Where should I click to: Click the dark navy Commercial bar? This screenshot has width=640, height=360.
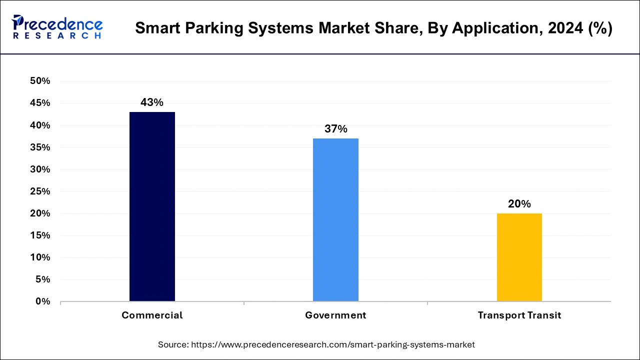tap(152, 206)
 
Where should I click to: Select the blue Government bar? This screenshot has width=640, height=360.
tap(335, 220)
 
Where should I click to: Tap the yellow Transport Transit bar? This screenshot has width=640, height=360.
tap(519, 257)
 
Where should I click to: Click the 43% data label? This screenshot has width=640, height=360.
tap(152, 102)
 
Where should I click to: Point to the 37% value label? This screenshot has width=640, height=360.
tap(335, 129)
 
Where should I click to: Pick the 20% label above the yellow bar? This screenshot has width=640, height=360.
tap(519, 204)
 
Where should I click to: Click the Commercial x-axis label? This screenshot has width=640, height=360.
tap(152, 315)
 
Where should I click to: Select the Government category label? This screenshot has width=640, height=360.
tap(335, 315)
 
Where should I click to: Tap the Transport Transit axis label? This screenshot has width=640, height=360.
tap(519, 315)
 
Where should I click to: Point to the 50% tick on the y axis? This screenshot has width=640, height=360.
tap(40, 81)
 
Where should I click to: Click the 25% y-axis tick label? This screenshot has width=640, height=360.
tap(40, 191)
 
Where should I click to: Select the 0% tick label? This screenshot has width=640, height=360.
tap(42, 301)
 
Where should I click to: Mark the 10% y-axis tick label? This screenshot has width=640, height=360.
tap(40, 257)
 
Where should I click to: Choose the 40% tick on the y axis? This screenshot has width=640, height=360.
tap(40, 125)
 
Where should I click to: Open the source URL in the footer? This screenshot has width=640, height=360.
tap(333, 344)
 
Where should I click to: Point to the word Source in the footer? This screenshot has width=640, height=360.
tap(172, 344)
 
